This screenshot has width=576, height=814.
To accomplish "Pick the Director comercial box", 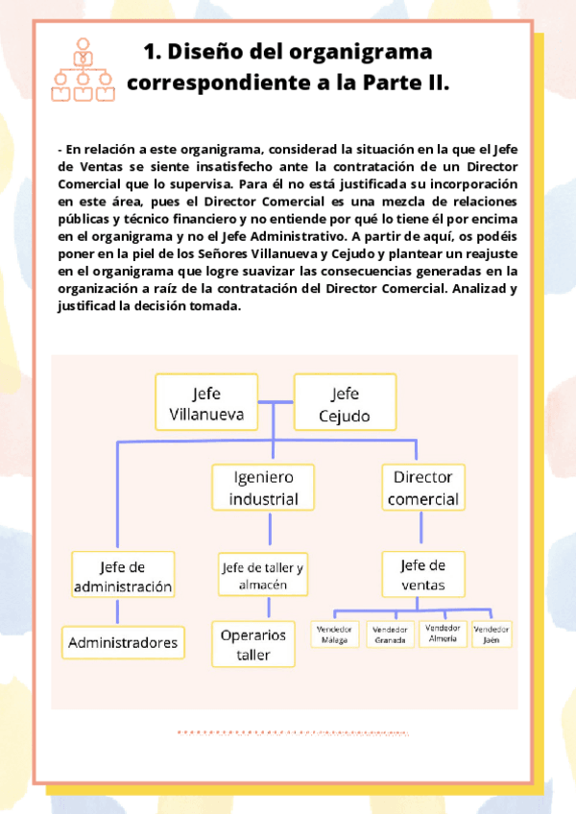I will [423, 487].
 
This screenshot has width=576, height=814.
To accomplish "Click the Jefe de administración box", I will [123, 575].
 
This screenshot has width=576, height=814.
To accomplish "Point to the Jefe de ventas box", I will [423, 575].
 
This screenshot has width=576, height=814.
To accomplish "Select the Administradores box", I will [123, 641].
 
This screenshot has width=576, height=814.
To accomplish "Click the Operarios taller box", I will [253, 645].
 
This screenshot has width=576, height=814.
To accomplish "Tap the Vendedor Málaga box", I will [335, 634].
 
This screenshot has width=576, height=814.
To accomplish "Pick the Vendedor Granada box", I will [390, 634].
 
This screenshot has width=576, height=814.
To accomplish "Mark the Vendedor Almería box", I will [443, 634].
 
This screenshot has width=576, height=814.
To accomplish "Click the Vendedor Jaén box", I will [492, 634].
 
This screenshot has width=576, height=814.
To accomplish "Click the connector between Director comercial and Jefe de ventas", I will [420, 530].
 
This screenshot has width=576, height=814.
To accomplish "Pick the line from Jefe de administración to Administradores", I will [117, 612].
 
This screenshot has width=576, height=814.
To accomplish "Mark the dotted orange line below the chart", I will [293, 732].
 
